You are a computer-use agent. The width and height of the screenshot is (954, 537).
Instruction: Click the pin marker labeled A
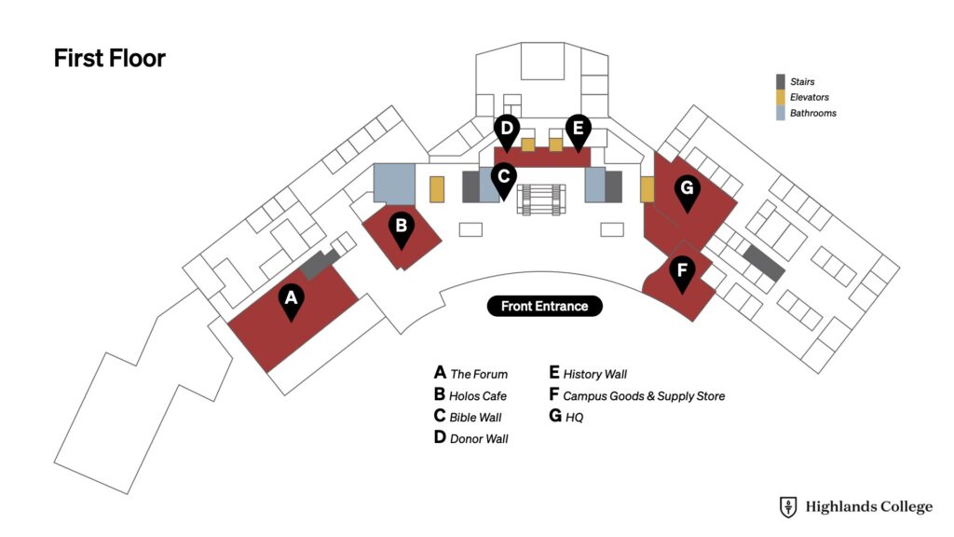pos(292,302)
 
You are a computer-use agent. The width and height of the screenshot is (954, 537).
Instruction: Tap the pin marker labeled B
pos(401,230)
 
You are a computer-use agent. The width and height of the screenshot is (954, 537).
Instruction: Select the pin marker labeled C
pos(504,181)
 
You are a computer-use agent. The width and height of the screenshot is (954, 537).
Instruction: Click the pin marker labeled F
pos(682,274)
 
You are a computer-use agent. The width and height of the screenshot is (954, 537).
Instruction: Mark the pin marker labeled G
pos(687,192)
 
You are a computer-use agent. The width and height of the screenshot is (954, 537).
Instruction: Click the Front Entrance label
pos(544,306)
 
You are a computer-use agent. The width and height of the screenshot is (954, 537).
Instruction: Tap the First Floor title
pos(110,59)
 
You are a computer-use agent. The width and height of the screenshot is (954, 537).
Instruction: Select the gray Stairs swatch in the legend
pos(781,82)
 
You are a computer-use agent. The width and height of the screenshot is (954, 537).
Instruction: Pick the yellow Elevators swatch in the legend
pos(781,97)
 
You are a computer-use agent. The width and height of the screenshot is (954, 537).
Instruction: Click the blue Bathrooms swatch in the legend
pos(781,113)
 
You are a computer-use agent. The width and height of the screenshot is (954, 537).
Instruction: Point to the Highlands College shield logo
pos(788,506)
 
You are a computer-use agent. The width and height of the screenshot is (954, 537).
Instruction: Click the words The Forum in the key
pos(479,374)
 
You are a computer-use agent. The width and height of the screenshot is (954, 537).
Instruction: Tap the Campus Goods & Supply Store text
pos(644,395)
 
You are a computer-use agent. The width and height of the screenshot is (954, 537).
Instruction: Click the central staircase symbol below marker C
pos(541,200)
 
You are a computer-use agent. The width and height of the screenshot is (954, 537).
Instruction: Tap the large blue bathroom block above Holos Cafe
pos(394,184)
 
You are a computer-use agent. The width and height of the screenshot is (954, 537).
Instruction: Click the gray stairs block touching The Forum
pos(320,264)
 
